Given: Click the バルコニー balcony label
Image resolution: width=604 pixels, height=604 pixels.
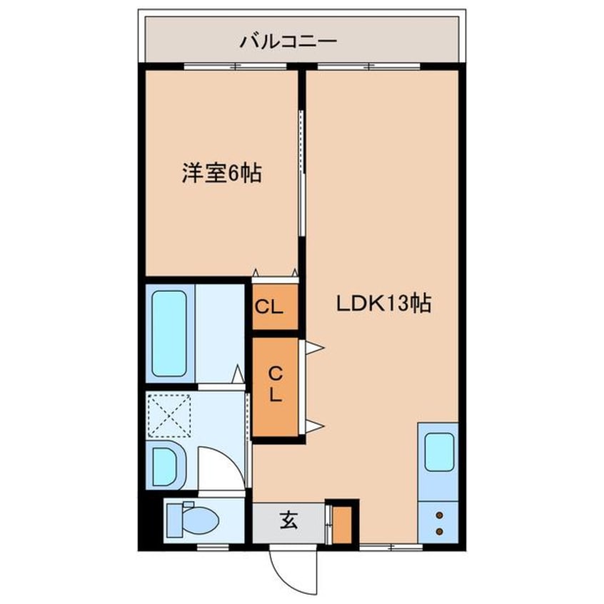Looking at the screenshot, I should [x=288, y=41].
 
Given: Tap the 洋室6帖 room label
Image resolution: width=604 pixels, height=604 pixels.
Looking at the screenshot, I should [x=221, y=173].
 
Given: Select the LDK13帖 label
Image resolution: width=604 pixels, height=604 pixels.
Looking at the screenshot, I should [x=383, y=304].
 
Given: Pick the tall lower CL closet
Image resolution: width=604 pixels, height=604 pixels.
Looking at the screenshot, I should [x=274, y=386].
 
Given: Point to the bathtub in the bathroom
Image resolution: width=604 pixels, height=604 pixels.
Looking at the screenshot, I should [x=171, y=333].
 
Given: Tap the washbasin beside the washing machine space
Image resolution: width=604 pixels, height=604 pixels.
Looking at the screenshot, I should [x=165, y=466].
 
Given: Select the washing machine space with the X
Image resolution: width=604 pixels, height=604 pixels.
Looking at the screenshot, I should [x=168, y=414].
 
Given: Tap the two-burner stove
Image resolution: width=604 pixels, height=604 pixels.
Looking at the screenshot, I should [x=438, y=523].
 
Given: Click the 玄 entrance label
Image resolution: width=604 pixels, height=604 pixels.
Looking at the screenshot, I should [x=288, y=522].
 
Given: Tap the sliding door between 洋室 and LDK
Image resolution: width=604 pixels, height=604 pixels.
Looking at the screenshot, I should [x=301, y=171].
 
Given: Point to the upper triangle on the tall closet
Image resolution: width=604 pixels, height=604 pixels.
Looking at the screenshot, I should [x=314, y=347].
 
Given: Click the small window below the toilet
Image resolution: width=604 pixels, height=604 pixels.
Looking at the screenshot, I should [x=208, y=547].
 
